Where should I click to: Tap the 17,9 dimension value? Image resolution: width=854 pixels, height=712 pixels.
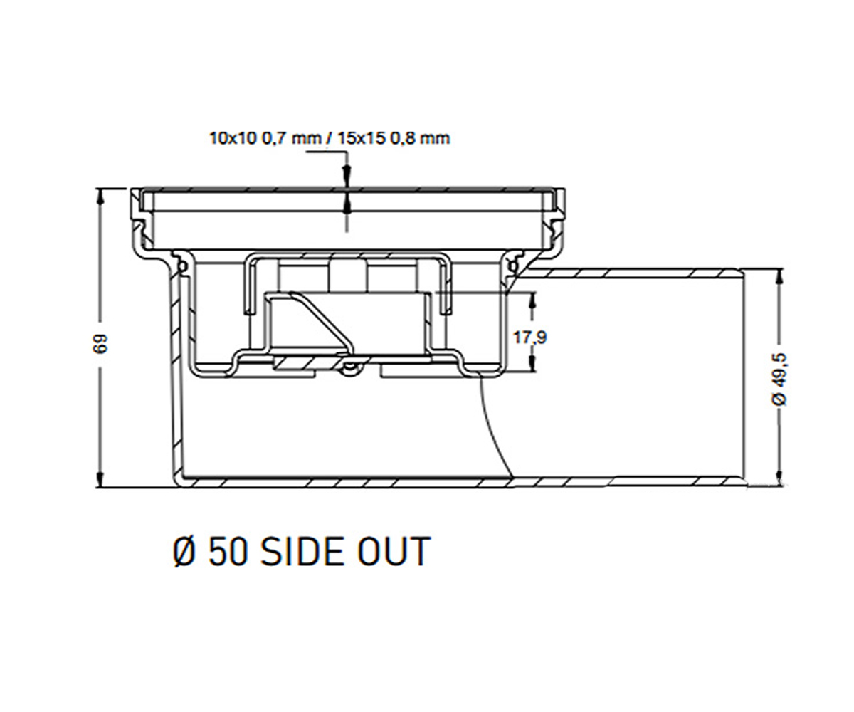(530, 337)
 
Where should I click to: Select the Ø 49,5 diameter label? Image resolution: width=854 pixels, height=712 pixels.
(779, 379)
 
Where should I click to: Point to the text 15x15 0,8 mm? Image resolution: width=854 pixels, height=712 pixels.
(394, 138)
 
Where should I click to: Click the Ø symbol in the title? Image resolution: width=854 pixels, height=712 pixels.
(185, 552)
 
